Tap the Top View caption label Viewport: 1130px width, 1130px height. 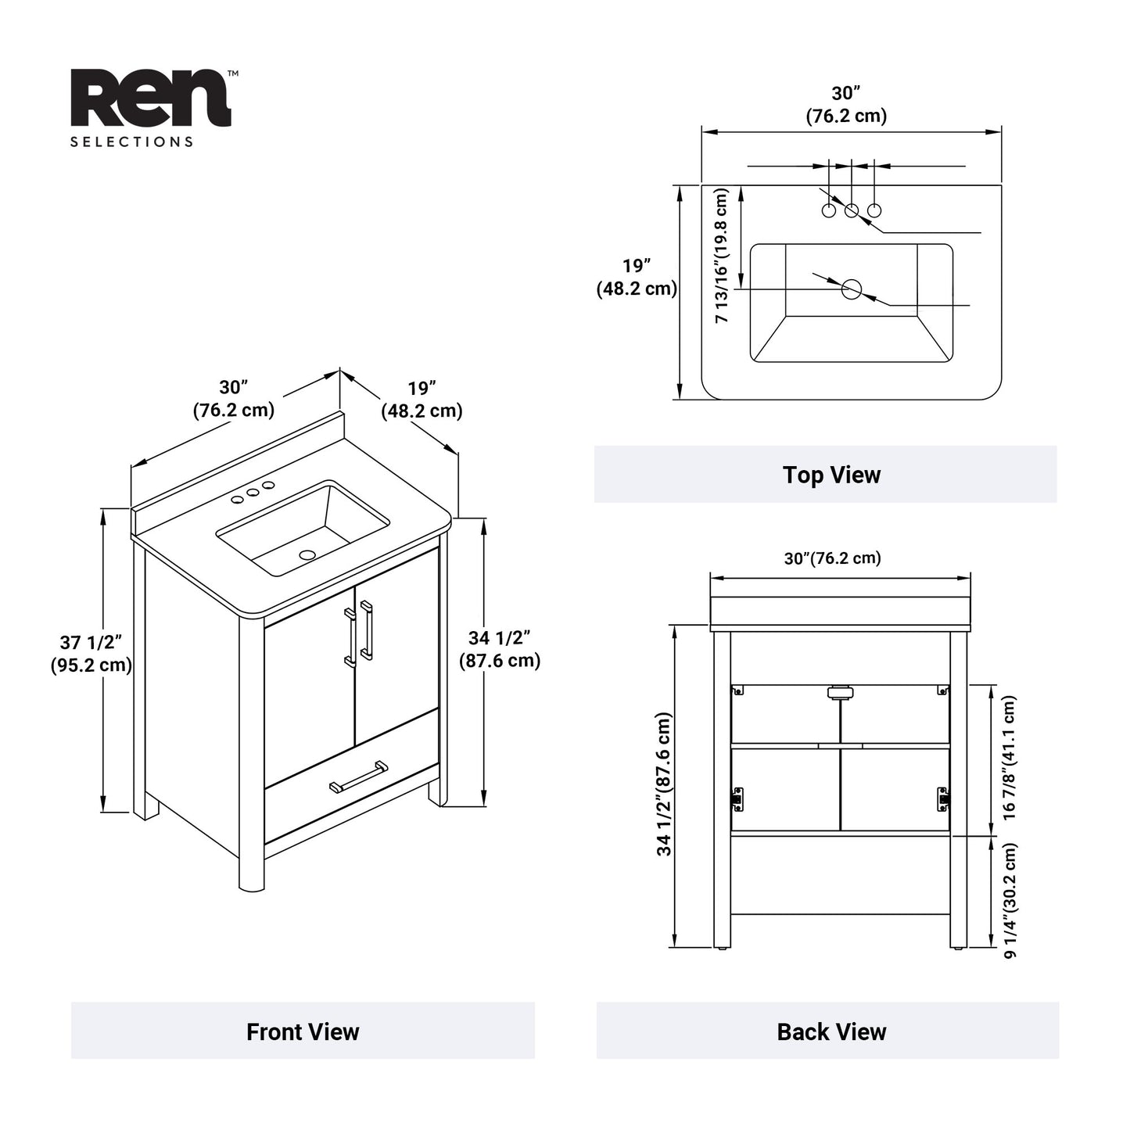[831, 475]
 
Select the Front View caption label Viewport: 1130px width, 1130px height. [303, 1031]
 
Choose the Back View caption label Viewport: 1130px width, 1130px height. [831, 1031]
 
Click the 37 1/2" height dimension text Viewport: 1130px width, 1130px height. [91, 654]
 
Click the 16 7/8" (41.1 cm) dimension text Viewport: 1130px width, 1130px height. [1009, 757]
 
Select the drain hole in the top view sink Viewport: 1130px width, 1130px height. [851, 289]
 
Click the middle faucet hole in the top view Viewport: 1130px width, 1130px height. [852, 210]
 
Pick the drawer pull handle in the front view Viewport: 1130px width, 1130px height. [359, 777]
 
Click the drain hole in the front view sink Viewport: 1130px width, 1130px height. [307, 554]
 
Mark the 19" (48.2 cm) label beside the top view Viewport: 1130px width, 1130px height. [637, 278]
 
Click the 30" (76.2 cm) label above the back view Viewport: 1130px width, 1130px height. [832, 558]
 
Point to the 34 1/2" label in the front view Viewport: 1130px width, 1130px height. [500, 650]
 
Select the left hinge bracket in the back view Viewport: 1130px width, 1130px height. [737, 798]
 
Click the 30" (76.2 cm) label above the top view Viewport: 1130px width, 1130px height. [846, 105]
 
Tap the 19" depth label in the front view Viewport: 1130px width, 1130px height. [422, 399]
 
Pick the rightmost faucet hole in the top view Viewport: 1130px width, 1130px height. [874, 210]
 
